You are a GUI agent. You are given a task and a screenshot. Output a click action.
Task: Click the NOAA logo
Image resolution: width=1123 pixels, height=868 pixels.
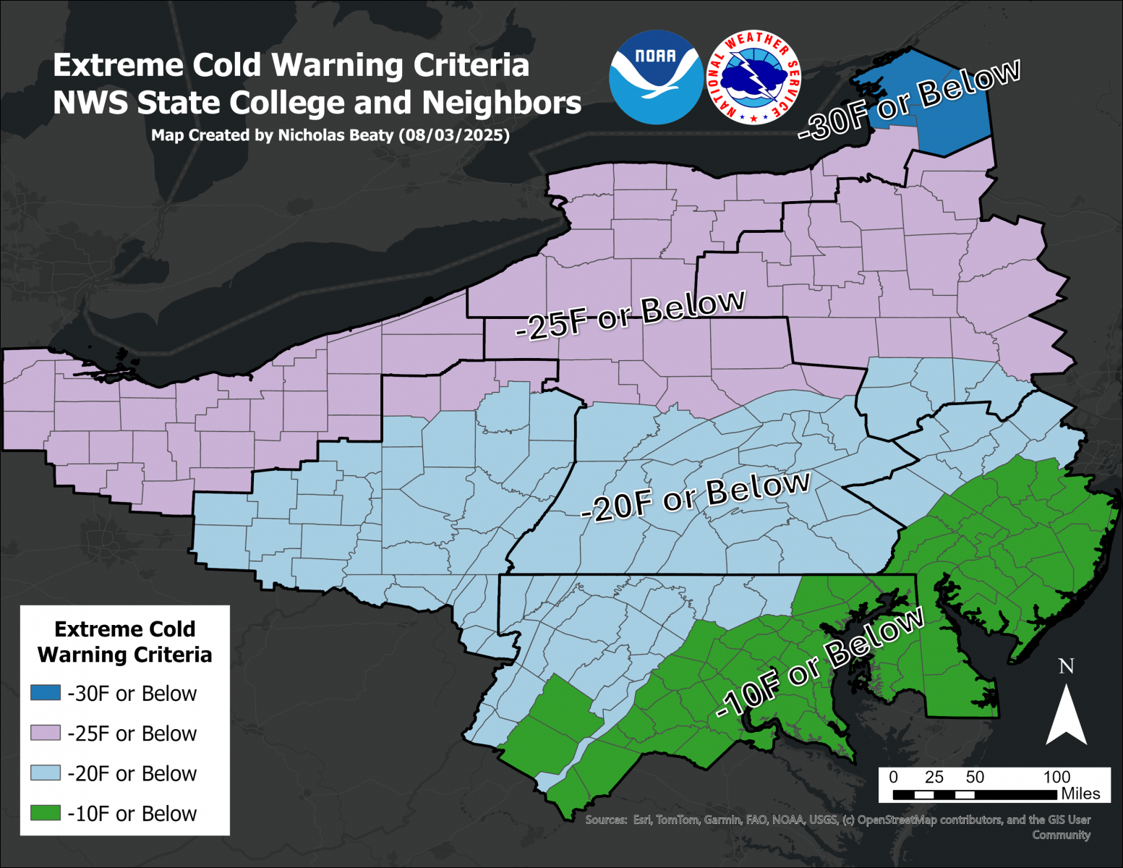(x=656, y=77)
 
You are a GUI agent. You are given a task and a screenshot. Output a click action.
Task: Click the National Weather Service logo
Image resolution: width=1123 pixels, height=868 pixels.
(x=753, y=77)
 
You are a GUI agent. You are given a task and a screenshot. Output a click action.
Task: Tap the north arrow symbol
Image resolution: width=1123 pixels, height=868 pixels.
(x=1066, y=715)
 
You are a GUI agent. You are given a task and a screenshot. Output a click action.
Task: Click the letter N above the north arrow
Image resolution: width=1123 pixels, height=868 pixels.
(x=1066, y=665)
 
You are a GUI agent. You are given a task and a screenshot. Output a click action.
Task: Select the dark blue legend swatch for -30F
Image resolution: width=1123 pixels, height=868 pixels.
(x=45, y=693)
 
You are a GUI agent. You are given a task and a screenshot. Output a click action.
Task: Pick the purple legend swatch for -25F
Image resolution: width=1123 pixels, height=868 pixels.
(x=45, y=733)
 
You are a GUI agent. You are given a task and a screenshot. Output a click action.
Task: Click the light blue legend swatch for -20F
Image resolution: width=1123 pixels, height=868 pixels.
(x=45, y=773)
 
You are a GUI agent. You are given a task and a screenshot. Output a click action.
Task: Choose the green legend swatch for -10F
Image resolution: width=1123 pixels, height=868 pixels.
(x=45, y=813)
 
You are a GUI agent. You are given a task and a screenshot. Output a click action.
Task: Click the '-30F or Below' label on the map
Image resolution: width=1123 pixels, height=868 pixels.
(x=910, y=100)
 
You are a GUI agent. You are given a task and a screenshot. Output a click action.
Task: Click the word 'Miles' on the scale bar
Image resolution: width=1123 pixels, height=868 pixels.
(x=1080, y=793)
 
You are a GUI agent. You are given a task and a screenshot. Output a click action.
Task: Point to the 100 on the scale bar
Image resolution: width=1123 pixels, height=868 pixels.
(x=1056, y=777)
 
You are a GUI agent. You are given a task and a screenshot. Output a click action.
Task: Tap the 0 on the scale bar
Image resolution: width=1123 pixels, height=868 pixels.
(x=894, y=777)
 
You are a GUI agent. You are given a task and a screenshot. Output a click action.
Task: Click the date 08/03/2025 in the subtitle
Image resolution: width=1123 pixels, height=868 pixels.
(x=453, y=135)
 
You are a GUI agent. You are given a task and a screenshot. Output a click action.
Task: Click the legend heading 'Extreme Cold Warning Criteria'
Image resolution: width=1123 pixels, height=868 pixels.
(x=124, y=642)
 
